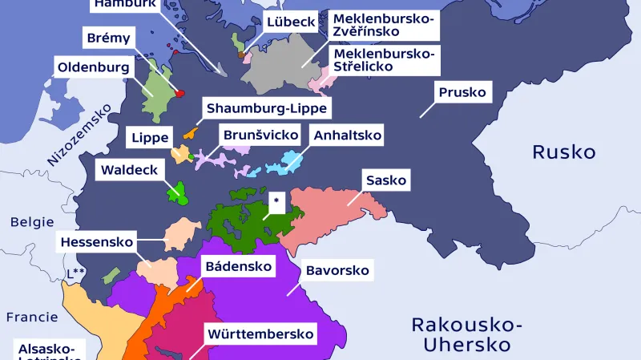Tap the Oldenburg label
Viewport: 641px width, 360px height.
pos(93,67)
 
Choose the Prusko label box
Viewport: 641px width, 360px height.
pos(462,92)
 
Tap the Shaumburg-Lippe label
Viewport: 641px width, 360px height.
pos(267,108)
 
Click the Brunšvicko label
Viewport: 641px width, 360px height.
pos(261,134)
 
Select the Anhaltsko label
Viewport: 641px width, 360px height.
pos(348,135)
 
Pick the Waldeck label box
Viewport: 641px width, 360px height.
pos(129,170)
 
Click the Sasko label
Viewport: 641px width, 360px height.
pos(386,180)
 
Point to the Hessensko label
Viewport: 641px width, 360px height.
pos(96,241)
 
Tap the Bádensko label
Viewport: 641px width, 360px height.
pos(238,265)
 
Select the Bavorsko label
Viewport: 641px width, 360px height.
pos(337,270)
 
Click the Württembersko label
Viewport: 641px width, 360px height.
pos(260,334)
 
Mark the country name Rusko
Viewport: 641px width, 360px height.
pos(564,152)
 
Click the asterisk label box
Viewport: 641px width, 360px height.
pos(276,202)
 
